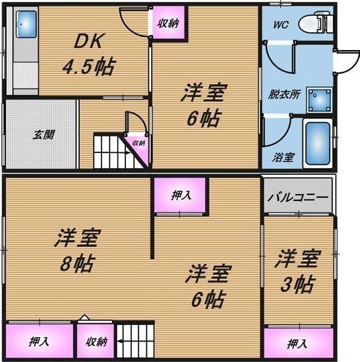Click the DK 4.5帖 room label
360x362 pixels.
pyautogui.click(x=88, y=55)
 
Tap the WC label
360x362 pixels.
pyautogui.click(x=281, y=24)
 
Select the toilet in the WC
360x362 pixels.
pyautogui.click(x=315, y=22)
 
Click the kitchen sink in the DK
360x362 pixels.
pyautogui.click(x=26, y=24)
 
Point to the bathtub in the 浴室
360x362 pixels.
pyautogui.click(x=318, y=143)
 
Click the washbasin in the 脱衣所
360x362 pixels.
pyautogui.click(x=319, y=100)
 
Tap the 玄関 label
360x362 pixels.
pyautogui.click(x=44, y=135)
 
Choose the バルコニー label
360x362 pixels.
pyautogui.click(x=298, y=198)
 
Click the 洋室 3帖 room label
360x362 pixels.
pyautogui.click(x=298, y=271)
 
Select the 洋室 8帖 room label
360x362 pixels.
pyautogui.click(x=78, y=251)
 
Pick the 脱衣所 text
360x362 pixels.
pyautogui.click(x=284, y=94)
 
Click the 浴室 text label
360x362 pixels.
pyautogui.click(x=283, y=158)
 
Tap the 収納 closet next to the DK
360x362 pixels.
pyautogui.click(x=169, y=22)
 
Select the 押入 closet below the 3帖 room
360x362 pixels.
pyautogui.click(x=299, y=343)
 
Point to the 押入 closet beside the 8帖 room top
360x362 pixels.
pyautogui.click(x=180, y=195)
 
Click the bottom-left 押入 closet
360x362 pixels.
pyautogui.click(x=40, y=341)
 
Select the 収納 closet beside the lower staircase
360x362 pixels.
pyautogui.click(x=96, y=341)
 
